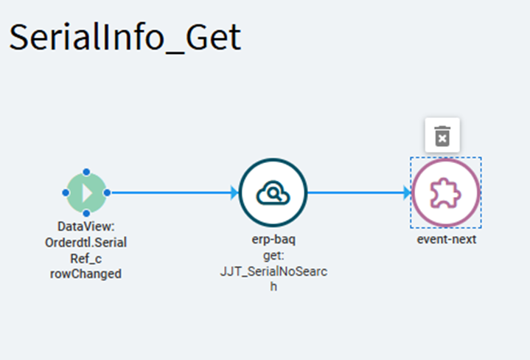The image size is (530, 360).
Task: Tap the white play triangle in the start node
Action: pyautogui.click(x=87, y=193)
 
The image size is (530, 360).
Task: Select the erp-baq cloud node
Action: pyautogui.click(x=273, y=193)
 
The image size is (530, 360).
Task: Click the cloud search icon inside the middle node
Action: pyautogui.click(x=273, y=194)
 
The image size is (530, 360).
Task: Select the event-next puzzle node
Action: pyautogui.click(x=446, y=193)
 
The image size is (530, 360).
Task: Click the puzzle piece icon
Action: pyautogui.click(x=446, y=194)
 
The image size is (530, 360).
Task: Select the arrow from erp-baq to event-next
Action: pyautogui.click(x=358, y=193)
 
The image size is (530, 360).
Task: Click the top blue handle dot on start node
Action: pyautogui.click(x=86, y=172)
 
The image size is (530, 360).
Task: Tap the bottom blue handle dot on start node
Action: pyautogui.click(x=86, y=214)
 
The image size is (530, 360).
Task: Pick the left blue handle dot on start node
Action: pyautogui.click(x=66, y=193)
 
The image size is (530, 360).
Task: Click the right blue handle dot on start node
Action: pyautogui.click(x=107, y=193)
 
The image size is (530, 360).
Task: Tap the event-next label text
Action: pyautogui.click(x=446, y=239)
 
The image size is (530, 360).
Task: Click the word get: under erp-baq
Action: pyautogui.click(x=273, y=255)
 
